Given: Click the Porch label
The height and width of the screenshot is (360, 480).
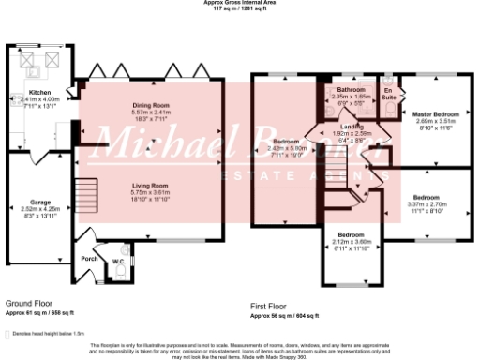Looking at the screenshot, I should click(90, 259).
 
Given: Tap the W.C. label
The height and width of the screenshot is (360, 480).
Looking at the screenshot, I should click(119, 261).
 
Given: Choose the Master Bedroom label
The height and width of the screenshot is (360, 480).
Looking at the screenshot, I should click(433, 114).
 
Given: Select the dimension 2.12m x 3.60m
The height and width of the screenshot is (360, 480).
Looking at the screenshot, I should click(352, 240).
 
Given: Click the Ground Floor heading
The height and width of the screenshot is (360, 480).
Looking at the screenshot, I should click(25, 305).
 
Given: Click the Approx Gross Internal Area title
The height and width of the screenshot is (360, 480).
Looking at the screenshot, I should click(239, 3).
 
